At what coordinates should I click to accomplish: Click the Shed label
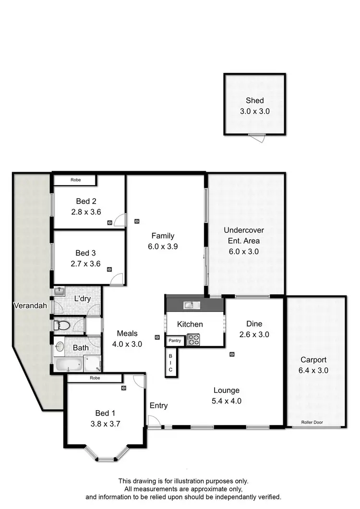pos(254,101)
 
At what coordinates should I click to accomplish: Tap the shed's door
pos(260,138)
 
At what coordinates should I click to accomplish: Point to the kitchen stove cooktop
pos(194,339)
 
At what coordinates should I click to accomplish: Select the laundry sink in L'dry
pos(60,292)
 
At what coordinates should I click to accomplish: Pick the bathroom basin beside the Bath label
pos(60,346)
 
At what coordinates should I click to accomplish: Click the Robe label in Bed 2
pos(75,180)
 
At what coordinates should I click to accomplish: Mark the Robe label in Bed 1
pos(94,378)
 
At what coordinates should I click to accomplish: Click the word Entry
pos(158,406)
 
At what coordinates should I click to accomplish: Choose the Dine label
pos(254,324)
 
